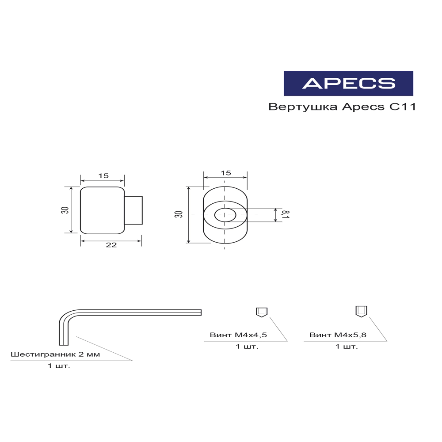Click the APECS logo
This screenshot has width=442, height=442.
pos(348,83)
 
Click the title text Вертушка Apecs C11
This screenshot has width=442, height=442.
pos(342,107)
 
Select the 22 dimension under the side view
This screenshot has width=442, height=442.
pos(111,245)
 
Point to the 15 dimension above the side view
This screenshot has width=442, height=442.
pos(103,176)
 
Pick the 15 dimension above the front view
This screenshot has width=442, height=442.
pos(225,173)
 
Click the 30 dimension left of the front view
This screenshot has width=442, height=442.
pos(179,214)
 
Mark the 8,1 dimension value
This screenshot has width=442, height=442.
pos(286,215)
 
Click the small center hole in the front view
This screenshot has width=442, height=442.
pos(225,215)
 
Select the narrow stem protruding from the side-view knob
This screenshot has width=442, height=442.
pos(133,210)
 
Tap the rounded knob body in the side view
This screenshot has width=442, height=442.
pos(102,210)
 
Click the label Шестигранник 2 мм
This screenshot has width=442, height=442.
pos(55,354)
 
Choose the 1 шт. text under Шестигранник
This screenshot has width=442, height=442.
pos(59,366)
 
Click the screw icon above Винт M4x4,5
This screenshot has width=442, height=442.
pos(261,312)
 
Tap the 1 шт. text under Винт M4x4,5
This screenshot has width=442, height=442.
pos(247,347)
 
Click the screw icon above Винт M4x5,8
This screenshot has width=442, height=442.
pos(361,311)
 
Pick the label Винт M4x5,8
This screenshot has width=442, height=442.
pos(338,335)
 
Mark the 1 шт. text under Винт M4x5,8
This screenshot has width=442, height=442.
pos(347,347)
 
